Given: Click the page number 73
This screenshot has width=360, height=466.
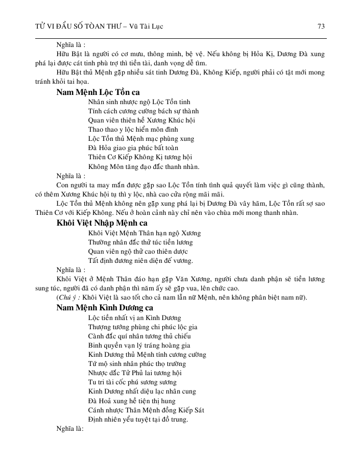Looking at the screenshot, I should click(x=321, y=26).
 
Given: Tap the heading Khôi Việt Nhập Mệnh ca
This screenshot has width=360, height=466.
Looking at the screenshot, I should click(x=102, y=224).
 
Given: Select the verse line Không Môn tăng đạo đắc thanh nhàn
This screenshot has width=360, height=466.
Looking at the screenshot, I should click(x=143, y=166).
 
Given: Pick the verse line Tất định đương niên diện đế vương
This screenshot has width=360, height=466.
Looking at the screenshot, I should click(x=140, y=260).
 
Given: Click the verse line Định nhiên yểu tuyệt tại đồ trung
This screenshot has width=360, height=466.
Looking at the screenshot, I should click(x=138, y=420).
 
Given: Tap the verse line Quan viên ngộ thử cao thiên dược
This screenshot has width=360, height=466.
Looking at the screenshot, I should click(x=138, y=251).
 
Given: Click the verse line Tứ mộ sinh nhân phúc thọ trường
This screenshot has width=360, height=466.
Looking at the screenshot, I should click(x=137, y=364).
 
